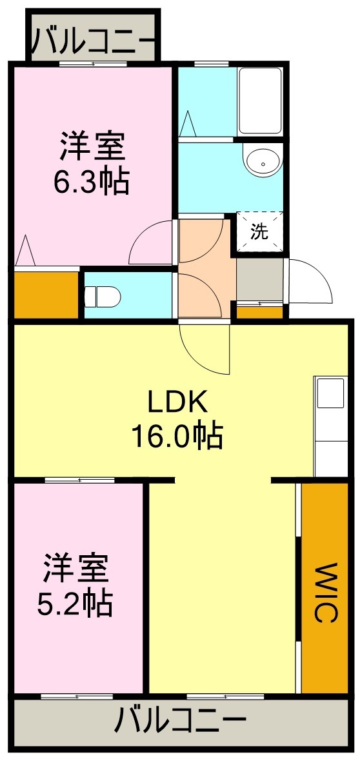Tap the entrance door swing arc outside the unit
coord(312,281)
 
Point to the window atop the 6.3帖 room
coord(94,63)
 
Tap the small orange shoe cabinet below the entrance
coord(260,313)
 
